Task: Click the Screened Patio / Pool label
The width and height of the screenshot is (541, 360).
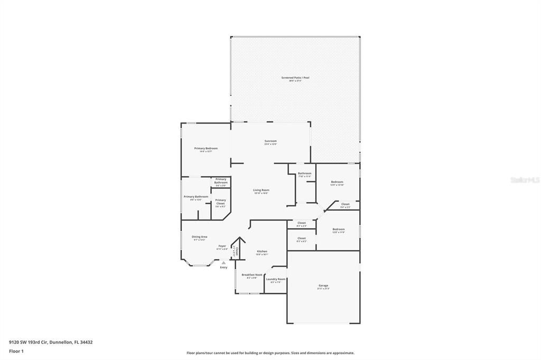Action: click(x=295, y=78)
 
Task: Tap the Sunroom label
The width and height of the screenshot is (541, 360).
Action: click(x=270, y=141)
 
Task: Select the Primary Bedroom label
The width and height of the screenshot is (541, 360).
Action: click(x=206, y=148)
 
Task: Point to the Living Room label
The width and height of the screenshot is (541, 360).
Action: click(x=261, y=190)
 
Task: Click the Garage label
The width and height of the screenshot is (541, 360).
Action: click(x=323, y=286)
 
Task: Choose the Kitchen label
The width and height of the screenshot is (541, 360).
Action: click(x=262, y=251)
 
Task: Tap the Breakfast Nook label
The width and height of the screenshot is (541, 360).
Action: click(x=252, y=274)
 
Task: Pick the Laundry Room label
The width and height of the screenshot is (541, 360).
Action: click(x=276, y=279)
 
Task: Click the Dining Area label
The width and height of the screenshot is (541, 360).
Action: click(x=199, y=236)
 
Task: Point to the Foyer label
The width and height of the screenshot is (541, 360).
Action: click(x=222, y=246)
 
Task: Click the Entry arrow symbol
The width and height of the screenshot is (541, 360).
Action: click(x=223, y=262)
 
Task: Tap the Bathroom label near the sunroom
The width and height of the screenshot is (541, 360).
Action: click(x=304, y=173)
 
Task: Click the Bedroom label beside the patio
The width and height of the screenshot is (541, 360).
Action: click(x=337, y=182)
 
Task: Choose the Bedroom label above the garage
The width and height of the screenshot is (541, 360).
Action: click(x=338, y=229)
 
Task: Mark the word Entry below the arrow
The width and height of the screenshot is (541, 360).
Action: click(x=223, y=268)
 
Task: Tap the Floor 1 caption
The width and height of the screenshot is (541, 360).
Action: click(x=16, y=350)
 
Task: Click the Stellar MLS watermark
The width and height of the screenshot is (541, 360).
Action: click(x=525, y=179)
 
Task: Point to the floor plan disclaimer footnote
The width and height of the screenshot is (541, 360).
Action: click(x=270, y=353)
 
